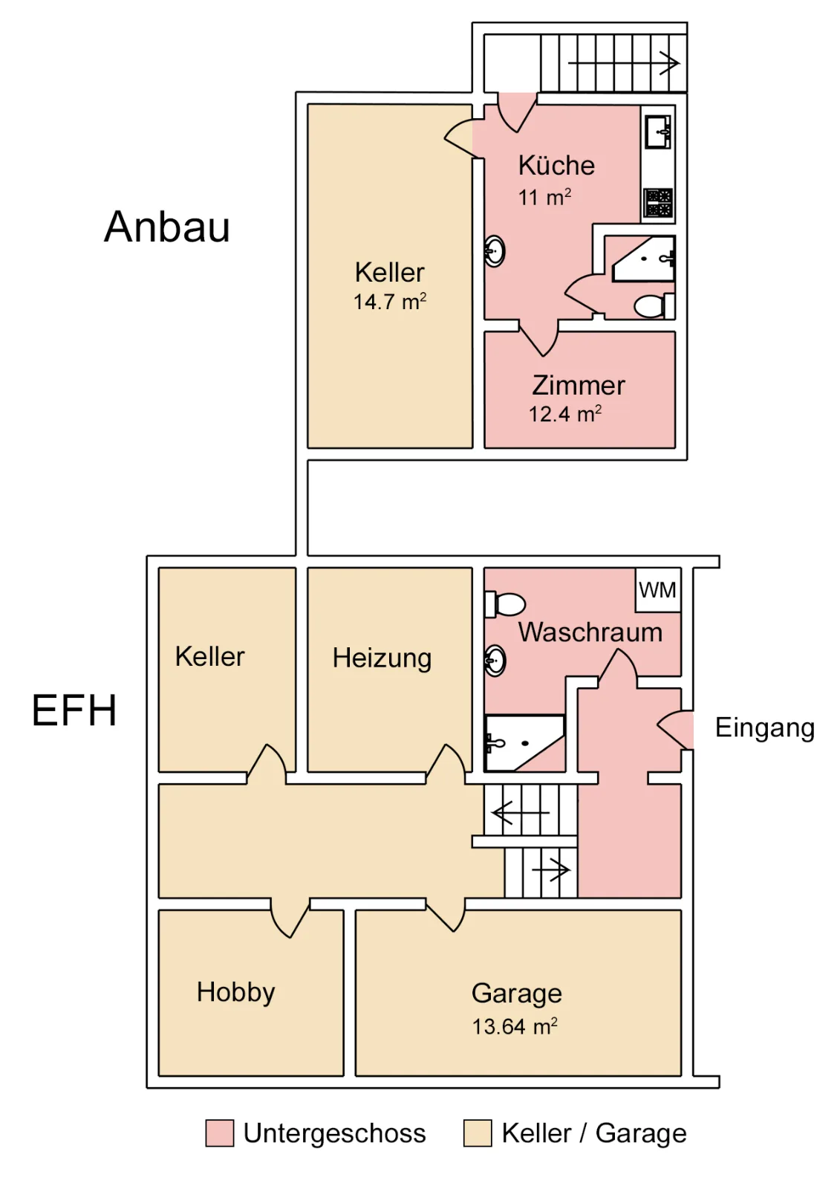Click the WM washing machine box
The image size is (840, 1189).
(658, 590)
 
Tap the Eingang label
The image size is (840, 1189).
(765, 728)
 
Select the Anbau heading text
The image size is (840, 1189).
(167, 227)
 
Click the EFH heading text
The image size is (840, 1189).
(74, 710)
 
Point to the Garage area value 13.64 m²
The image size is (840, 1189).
(515, 1026)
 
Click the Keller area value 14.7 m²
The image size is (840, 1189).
(390, 302)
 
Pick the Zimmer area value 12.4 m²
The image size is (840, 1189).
(565, 413)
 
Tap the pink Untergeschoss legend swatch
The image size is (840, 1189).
(220, 1133)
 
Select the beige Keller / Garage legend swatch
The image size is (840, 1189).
(477, 1133)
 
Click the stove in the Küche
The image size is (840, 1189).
(658, 203)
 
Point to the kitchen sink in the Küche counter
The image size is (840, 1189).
(658, 131)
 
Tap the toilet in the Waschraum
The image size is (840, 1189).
(504, 604)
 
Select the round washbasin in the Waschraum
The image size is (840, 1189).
(495, 661)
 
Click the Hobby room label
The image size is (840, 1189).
(236, 992)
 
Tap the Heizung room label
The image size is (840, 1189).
(382, 658)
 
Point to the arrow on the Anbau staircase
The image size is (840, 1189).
(623, 64)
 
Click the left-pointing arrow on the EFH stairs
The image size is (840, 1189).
(521, 813)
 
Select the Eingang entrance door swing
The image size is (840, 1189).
(676, 729)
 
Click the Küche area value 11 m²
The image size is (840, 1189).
(544, 198)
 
